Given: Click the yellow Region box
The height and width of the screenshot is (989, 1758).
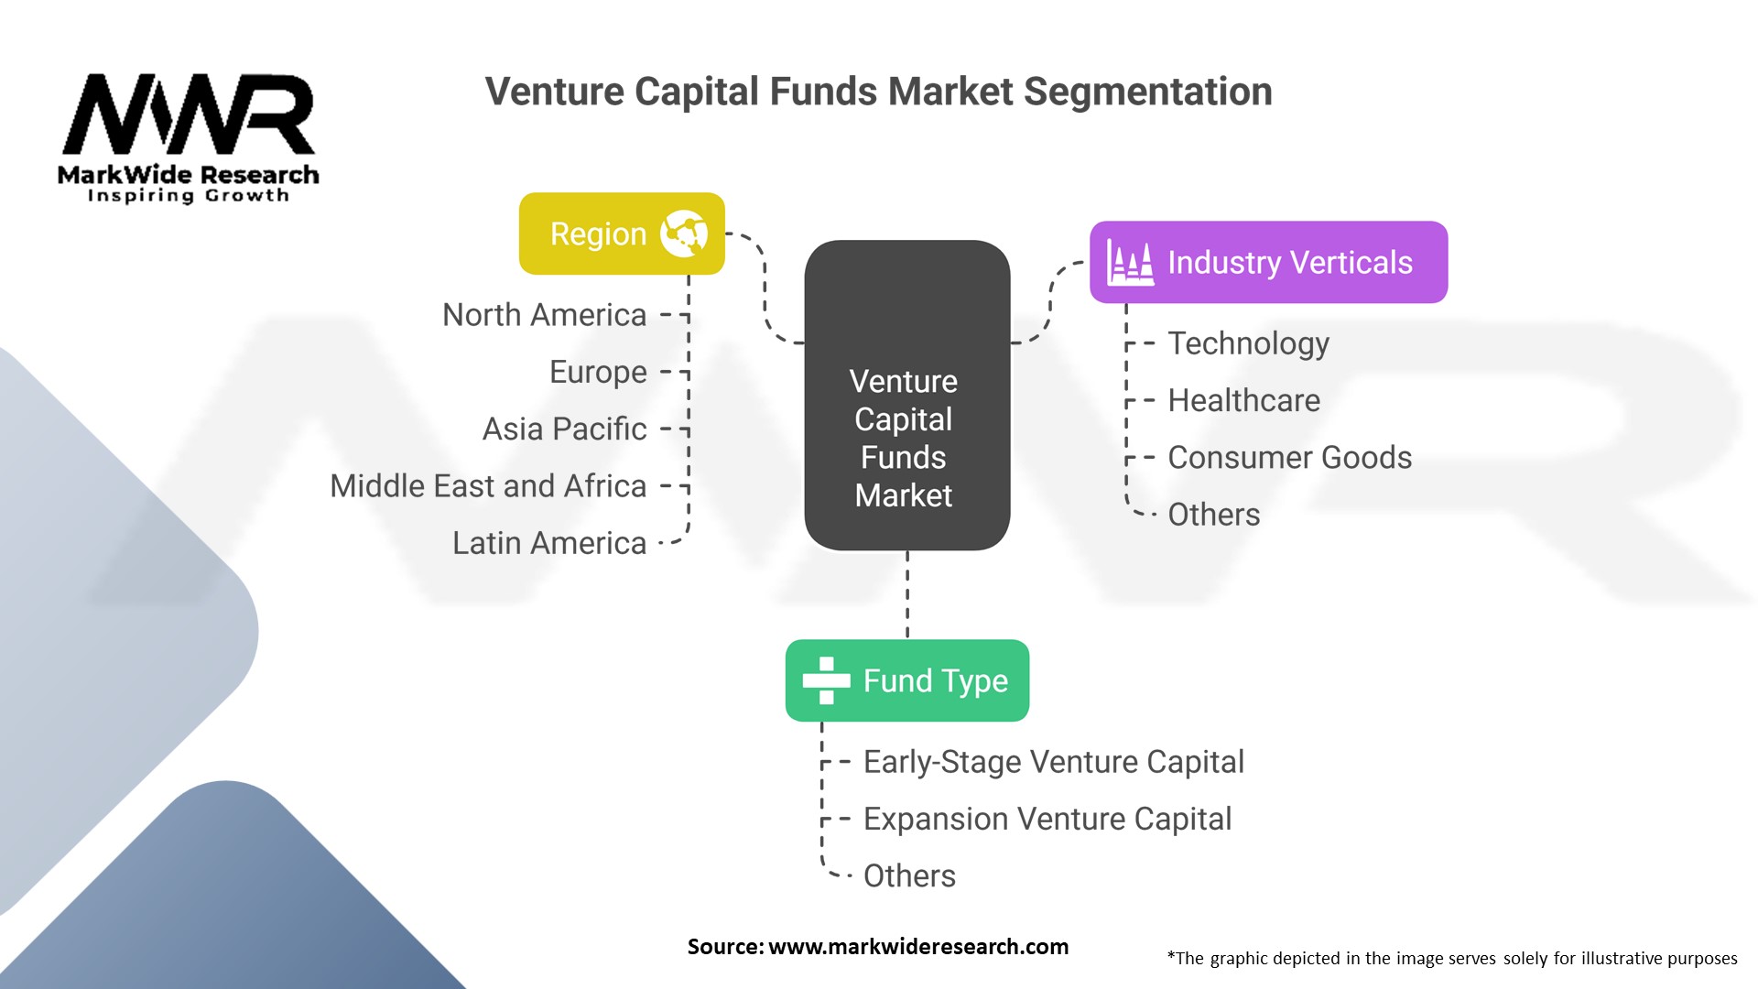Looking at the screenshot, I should [622, 234].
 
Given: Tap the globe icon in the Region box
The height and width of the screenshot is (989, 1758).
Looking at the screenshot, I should [684, 234].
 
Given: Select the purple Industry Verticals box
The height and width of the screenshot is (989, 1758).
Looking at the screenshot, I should [1268, 262].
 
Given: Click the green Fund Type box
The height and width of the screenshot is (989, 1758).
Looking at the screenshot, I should [906, 680].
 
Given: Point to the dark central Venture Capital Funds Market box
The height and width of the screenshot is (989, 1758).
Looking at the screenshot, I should [906, 396].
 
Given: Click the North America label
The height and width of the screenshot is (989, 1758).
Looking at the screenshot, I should [544, 315].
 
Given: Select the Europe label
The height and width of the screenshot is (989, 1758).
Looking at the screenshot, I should [598, 372].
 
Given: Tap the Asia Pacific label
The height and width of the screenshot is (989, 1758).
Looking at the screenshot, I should [564, 429].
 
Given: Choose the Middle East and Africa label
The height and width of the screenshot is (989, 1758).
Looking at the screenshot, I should [488, 486].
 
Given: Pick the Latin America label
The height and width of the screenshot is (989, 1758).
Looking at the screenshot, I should [549, 543].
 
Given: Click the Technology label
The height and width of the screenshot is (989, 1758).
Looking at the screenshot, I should [1248, 343].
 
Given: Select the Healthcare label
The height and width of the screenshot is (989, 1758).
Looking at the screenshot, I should [1243, 400].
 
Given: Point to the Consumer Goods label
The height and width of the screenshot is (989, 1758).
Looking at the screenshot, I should [1289, 458].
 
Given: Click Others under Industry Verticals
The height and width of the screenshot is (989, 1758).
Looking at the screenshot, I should [1213, 515].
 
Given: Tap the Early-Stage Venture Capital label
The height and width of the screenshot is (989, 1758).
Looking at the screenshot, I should [1053, 762].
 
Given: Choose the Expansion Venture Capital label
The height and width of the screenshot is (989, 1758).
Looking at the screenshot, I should [1047, 819].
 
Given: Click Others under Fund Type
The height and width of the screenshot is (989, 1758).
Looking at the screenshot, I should [909, 876].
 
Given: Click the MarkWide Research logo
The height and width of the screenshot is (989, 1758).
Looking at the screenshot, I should [189, 137].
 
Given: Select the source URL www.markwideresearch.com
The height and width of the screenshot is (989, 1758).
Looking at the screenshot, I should [917, 947].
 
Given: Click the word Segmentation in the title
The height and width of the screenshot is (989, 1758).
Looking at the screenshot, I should [1147, 92].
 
